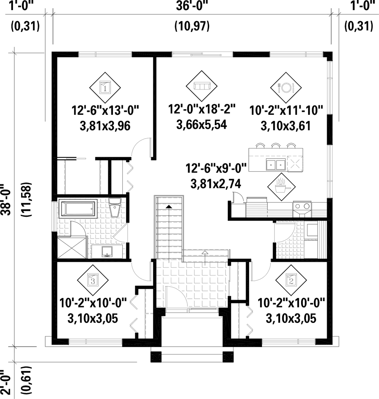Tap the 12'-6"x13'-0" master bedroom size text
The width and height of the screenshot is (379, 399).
[105, 111]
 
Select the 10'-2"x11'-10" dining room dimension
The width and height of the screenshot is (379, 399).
[286, 111]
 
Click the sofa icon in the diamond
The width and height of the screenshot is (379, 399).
[202, 86]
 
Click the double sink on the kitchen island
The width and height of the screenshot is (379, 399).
[275, 163]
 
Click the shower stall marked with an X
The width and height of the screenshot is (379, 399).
[72, 247]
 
